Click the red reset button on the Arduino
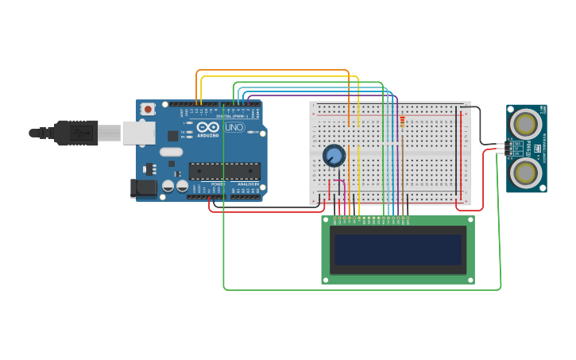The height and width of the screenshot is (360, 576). point(148,109)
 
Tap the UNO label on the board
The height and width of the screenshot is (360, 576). point(234,127)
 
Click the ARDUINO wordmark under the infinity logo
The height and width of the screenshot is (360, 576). point(208,135)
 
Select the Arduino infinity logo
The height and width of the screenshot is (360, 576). point(208,126)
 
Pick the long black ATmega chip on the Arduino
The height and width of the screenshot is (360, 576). point(224,171)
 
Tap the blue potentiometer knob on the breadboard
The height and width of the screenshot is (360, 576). point(334,155)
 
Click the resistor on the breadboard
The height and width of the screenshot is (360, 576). point(402,122)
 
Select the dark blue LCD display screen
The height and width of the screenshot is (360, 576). point(398,250)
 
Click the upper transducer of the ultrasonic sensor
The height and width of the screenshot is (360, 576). point(525,123)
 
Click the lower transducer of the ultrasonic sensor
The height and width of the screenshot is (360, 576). point(525,172)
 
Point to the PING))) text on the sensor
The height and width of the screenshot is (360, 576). point(529,148)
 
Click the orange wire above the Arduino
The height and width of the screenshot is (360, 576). point(270,70)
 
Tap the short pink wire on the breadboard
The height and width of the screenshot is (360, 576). point(337,182)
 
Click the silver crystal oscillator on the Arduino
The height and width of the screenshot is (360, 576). point(171,151)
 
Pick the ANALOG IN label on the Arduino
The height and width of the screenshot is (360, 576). point(248,184)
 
